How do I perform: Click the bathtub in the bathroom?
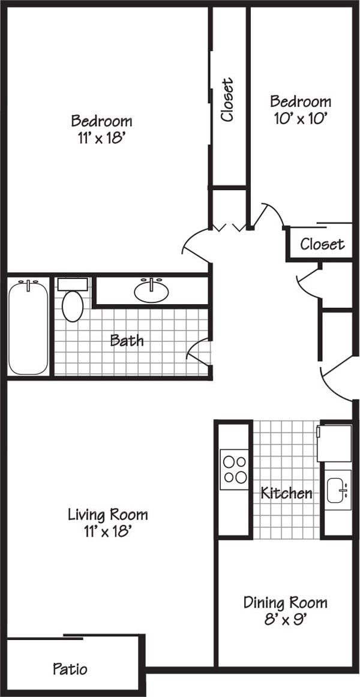point(28,327)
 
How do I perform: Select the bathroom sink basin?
point(151,292)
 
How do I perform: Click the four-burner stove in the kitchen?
point(234,470)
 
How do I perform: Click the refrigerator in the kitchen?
point(334,443)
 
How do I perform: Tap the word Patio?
point(70,668)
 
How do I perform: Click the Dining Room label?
point(285,602)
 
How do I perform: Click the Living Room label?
point(107,514)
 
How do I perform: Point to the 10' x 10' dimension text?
point(300,118)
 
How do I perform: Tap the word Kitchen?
point(286,493)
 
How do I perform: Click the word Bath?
point(127,341)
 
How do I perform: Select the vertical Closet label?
point(227,100)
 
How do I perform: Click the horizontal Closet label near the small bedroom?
point(322,244)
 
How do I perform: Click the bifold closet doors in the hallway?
point(228,227)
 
